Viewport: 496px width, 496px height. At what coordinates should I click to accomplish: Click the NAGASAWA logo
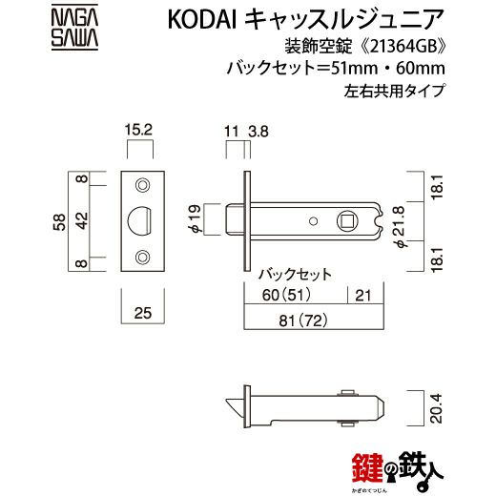74,28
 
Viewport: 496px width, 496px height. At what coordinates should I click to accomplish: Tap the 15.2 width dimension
138,130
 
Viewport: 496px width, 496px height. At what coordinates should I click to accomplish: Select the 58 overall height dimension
59,221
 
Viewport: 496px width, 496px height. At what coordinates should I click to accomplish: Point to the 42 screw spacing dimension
82,220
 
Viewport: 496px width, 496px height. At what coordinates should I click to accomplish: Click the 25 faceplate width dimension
143,313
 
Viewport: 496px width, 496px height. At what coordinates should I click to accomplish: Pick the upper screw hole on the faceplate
143,185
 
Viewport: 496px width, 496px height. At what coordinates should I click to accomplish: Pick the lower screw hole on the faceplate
143,258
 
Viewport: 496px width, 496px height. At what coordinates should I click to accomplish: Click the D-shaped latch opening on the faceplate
139,221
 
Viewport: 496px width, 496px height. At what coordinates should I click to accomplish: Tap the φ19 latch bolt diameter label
195,219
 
